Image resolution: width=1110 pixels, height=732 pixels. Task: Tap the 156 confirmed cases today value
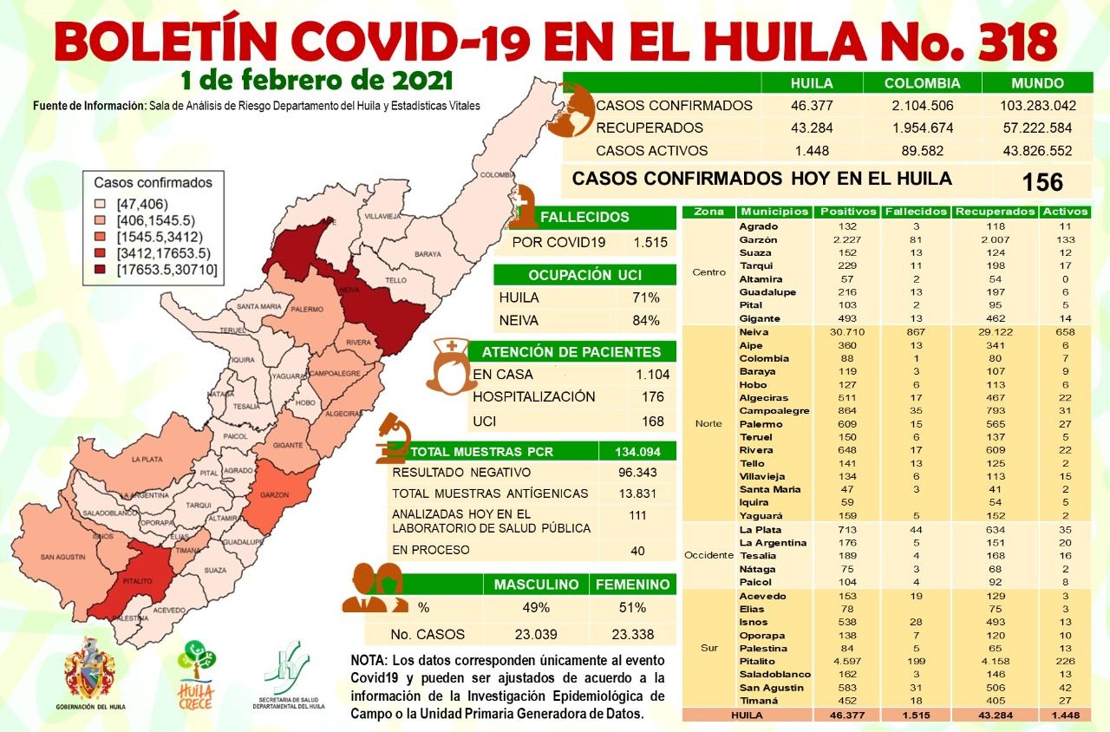[1042, 182]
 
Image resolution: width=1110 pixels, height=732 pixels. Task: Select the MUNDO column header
[1037, 84]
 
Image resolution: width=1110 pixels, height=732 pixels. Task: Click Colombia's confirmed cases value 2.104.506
[923, 106]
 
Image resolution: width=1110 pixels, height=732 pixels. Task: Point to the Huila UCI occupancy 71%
[646, 297]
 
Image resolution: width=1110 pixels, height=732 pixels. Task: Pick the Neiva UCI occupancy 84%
[646, 320]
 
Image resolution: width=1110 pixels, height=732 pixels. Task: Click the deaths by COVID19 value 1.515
[650, 242]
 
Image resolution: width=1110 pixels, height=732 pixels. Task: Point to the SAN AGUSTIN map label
[62, 557]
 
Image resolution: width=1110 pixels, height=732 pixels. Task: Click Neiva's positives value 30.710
[837, 332]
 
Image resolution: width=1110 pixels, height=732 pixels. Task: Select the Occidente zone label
[708, 555]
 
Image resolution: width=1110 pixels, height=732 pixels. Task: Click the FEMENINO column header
[632, 585]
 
